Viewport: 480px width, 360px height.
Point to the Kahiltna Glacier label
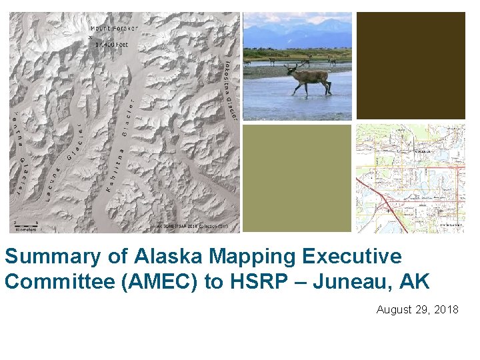[118, 157]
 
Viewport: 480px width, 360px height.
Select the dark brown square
[411, 65]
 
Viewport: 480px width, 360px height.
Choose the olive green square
[297, 178]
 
